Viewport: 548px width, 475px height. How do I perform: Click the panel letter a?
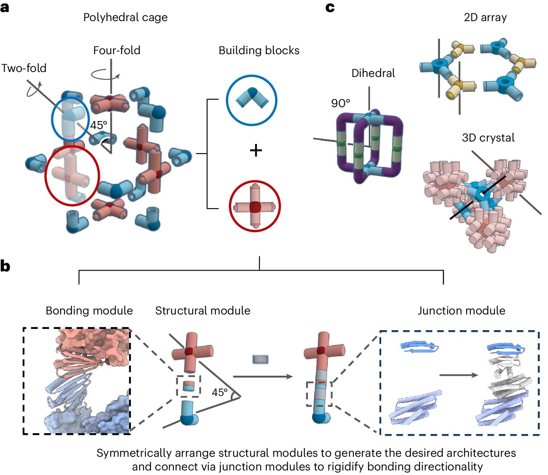pos(5,7)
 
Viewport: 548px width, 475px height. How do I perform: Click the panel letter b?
pos(5,266)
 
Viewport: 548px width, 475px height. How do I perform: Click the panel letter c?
pos(330,7)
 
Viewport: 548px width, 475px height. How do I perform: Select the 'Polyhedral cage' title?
pos(125,17)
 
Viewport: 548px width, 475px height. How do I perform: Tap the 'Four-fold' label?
pos(117,50)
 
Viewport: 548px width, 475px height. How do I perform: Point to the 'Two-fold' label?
pos(24,68)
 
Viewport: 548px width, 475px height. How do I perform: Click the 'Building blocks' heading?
pos(259,50)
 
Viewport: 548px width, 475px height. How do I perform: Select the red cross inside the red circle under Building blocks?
pos(255,206)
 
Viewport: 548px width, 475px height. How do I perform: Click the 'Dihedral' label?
pos(373,73)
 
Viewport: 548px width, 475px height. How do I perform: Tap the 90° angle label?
pos(341,103)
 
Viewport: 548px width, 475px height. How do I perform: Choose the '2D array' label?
pos(485,17)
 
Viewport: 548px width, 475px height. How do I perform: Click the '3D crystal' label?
pos(488,138)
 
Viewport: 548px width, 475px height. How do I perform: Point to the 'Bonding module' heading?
pos(89,311)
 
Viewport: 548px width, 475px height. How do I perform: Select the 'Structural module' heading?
pos(203,311)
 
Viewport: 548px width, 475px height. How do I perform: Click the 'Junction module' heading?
pos(461,311)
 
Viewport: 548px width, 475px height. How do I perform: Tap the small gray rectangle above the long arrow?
pos(261,359)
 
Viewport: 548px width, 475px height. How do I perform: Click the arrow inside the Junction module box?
pos(458,375)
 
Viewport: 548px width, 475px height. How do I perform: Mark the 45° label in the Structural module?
pos(219,392)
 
